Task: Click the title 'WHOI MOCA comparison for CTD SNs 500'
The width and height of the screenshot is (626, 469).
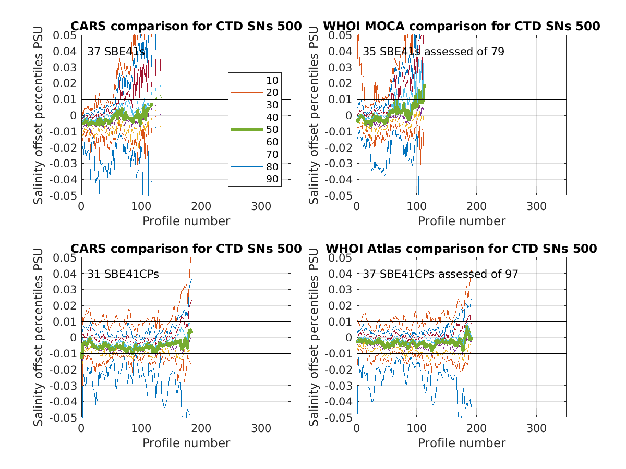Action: [x=461, y=26]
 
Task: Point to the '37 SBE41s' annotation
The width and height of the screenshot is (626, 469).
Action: [x=116, y=51]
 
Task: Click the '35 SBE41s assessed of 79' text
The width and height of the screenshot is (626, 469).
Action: [x=434, y=51]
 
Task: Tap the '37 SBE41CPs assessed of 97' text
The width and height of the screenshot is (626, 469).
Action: [x=440, y=274]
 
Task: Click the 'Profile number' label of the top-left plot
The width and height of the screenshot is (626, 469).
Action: [x=186, y=221]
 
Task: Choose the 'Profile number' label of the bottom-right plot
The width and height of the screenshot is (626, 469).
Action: [x=462, y=443]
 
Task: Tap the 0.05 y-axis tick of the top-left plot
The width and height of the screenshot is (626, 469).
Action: [x=66, y=35]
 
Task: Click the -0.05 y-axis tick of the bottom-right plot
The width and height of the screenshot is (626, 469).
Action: [x=340, y=418]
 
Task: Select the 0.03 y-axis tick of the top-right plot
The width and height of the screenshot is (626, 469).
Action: [x=342, y=67]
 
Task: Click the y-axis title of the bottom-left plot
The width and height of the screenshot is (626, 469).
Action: [x=39, y=338]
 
